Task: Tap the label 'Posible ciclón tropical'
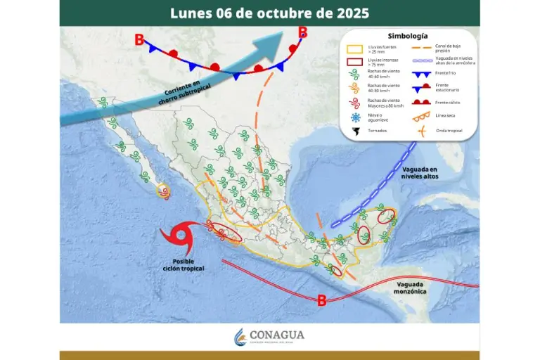pyautogui.click(x=184, y=265)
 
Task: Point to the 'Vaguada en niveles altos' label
pyautogui.click(x=420, y=173)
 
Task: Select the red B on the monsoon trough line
pyautogui.click(x=321, y=301)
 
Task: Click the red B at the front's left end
pyautogui.click(x=139, y=40)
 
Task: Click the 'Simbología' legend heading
pyautogui.click(x=407, y=36)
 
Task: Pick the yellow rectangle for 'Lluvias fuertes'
pyautogui.click(x=356, y=49)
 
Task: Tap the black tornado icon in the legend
pyautogui.click(x=356, y=131)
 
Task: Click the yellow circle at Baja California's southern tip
pyautogui.click(x=163, y=190)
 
